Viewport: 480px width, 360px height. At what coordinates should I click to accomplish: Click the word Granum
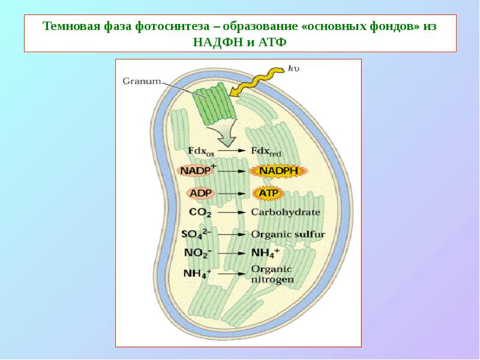coord(142,81)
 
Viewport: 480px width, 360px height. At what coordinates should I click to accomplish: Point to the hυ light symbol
coord(293,68)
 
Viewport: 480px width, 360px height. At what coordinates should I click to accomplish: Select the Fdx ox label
coord(201,151)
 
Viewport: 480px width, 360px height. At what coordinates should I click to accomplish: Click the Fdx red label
coord(266,151)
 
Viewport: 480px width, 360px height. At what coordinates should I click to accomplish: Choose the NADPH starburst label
coord(278,171)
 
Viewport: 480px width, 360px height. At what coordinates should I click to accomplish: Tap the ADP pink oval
coord(201,193)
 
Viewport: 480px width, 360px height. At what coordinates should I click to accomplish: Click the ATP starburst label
coord(268,193)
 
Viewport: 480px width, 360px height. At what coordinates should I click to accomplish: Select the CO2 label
coord(200,212)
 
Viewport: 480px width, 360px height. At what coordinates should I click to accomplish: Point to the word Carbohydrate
coord(286,212)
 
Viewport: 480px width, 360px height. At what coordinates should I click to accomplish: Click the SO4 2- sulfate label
coord(196,234)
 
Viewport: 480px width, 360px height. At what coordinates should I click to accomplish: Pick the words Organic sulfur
coord(288,235)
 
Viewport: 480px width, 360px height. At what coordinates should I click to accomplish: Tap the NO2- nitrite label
coord(199,253)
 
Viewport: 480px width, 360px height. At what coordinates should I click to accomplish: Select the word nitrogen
coord(272,280)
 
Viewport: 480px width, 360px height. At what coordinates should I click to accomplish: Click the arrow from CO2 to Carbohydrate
coord(232,212)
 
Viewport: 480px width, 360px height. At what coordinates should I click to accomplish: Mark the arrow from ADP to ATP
coord(232,193)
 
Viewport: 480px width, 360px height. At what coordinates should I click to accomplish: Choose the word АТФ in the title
coord(272,41)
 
